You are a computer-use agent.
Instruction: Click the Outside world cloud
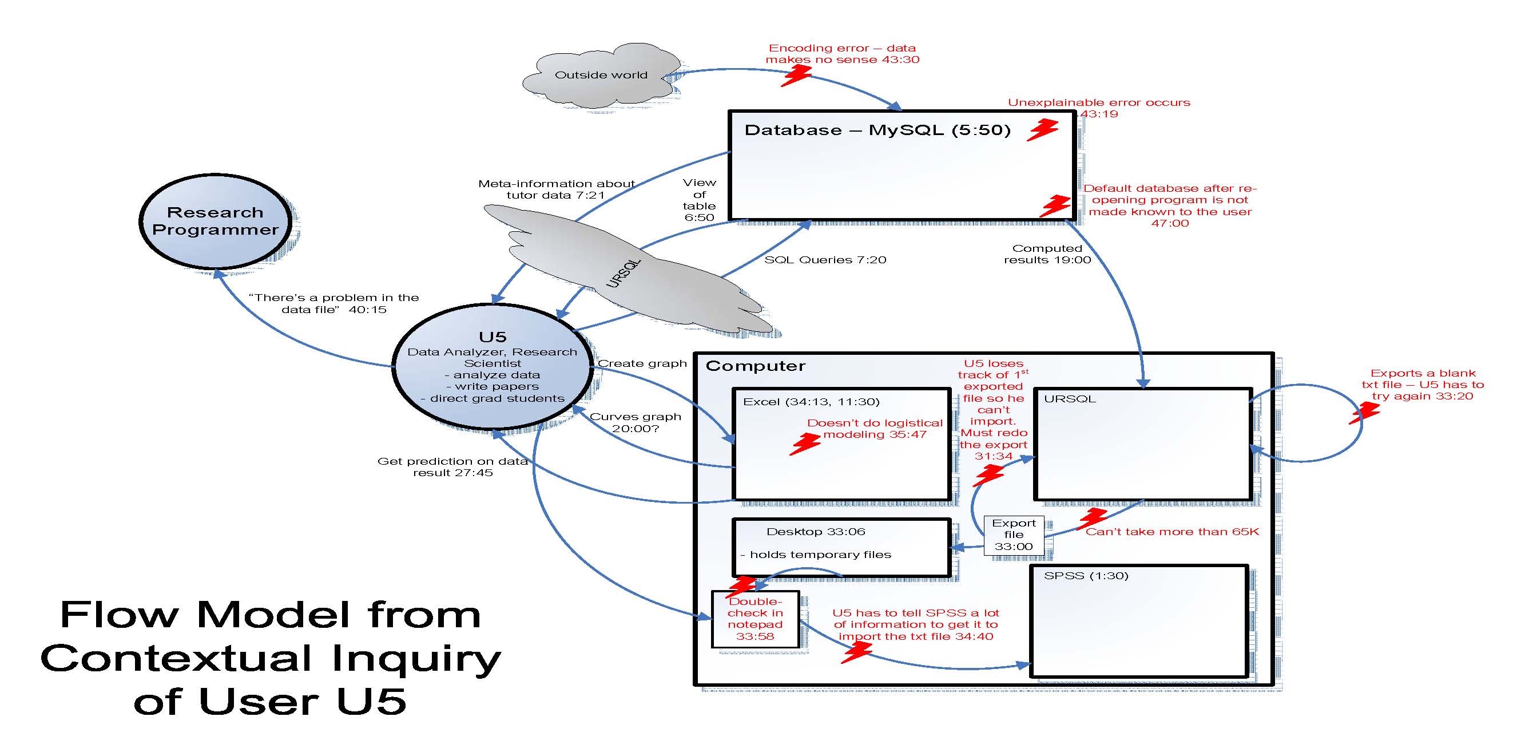click(601, 76)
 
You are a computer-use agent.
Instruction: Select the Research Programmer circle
click(215, 221)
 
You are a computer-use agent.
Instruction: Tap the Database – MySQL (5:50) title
click(877, 130)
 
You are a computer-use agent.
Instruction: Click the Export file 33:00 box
click(1013, 535)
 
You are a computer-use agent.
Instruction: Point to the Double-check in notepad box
click(755, 619)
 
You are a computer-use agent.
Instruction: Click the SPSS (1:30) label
click(1086, 576)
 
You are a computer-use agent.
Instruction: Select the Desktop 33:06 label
click(816, 532)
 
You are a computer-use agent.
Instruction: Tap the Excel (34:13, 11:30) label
click(811, 402)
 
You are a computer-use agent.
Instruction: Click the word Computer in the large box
click(756, 366)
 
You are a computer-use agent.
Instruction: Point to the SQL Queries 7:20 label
click(825, 260)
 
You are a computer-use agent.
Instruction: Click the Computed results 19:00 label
click(1047, 254)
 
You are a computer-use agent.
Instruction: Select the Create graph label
click(642, 363)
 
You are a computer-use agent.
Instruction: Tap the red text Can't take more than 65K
click(1172, 532)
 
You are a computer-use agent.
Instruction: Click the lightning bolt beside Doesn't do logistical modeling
click(804, 444)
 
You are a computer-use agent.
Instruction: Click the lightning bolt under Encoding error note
click(796, 76)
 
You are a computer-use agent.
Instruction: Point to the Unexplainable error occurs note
click(1099, 108)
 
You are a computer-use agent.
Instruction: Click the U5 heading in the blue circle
click(493, 337)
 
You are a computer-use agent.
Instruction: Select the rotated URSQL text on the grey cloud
click(623, 274)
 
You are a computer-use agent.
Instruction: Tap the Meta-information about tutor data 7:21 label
click(556, 189)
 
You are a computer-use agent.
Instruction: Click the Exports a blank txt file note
click(1422, 384)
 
